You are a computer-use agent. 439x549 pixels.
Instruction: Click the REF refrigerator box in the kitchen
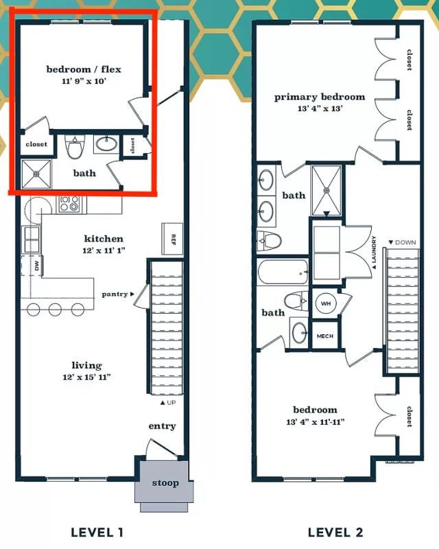(x=172, y=239)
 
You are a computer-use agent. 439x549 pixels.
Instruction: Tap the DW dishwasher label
(x=37, y=266)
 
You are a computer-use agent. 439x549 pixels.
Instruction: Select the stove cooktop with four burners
(x=69, y=204)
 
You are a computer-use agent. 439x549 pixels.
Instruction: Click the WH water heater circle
(x=326, y=303)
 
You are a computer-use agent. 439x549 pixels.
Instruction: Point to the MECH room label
(x=325, y=336)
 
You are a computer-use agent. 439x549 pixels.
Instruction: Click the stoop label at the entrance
(x=165, y=483)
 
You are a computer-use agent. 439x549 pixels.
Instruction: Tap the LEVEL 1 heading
(x=97, y=533)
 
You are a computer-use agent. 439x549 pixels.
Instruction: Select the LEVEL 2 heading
(x=335, y=533)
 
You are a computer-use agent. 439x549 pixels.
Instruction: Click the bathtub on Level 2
(x=283, y=272)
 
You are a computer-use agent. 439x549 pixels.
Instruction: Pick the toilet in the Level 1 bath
(x=73, y=148)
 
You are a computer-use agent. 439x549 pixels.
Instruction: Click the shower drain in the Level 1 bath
(x=36, y=174)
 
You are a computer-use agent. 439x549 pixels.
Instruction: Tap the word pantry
(x=115, y=294)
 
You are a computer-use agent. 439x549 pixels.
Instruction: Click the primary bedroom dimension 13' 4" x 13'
(x=320, y=108)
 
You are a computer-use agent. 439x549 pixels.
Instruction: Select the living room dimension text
(x=87, y=377)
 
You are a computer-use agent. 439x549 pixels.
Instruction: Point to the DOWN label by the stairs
(x=402, y=242)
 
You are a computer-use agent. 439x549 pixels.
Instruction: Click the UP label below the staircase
(x=168, y=403)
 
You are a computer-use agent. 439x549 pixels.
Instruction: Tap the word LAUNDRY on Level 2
(x=374, y=252)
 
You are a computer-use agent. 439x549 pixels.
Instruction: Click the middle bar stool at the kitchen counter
(x=56, y=309)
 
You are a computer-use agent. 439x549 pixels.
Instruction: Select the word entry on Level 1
(x=162, y=426)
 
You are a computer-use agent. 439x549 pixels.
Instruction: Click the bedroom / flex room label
(x=84, y=69)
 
